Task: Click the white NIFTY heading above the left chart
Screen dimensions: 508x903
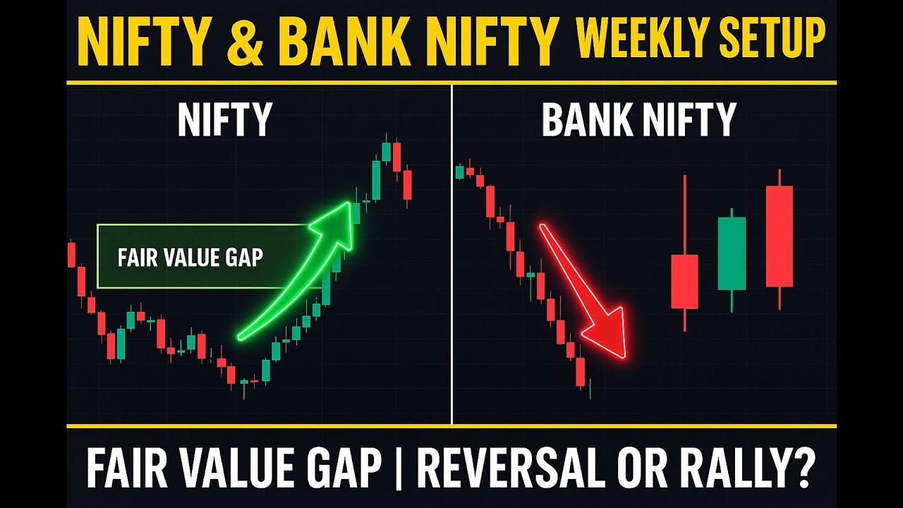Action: pyautogui.click(x=224, y=120)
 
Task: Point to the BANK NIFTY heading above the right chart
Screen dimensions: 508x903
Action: pyautogui.click(x=638, y=120)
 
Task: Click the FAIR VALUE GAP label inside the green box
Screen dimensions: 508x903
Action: pyautogui.click(x=190, y=257)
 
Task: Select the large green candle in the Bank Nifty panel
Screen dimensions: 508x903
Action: pyautogui.click(x=732, y=253)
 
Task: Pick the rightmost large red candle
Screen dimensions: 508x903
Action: pyautogui.click(x=780, y=236)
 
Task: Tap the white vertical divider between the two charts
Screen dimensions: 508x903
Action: pyautogui.click(x=451, y=254)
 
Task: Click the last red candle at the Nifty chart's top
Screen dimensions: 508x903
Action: pyautogui.click(x=408, y=185)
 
